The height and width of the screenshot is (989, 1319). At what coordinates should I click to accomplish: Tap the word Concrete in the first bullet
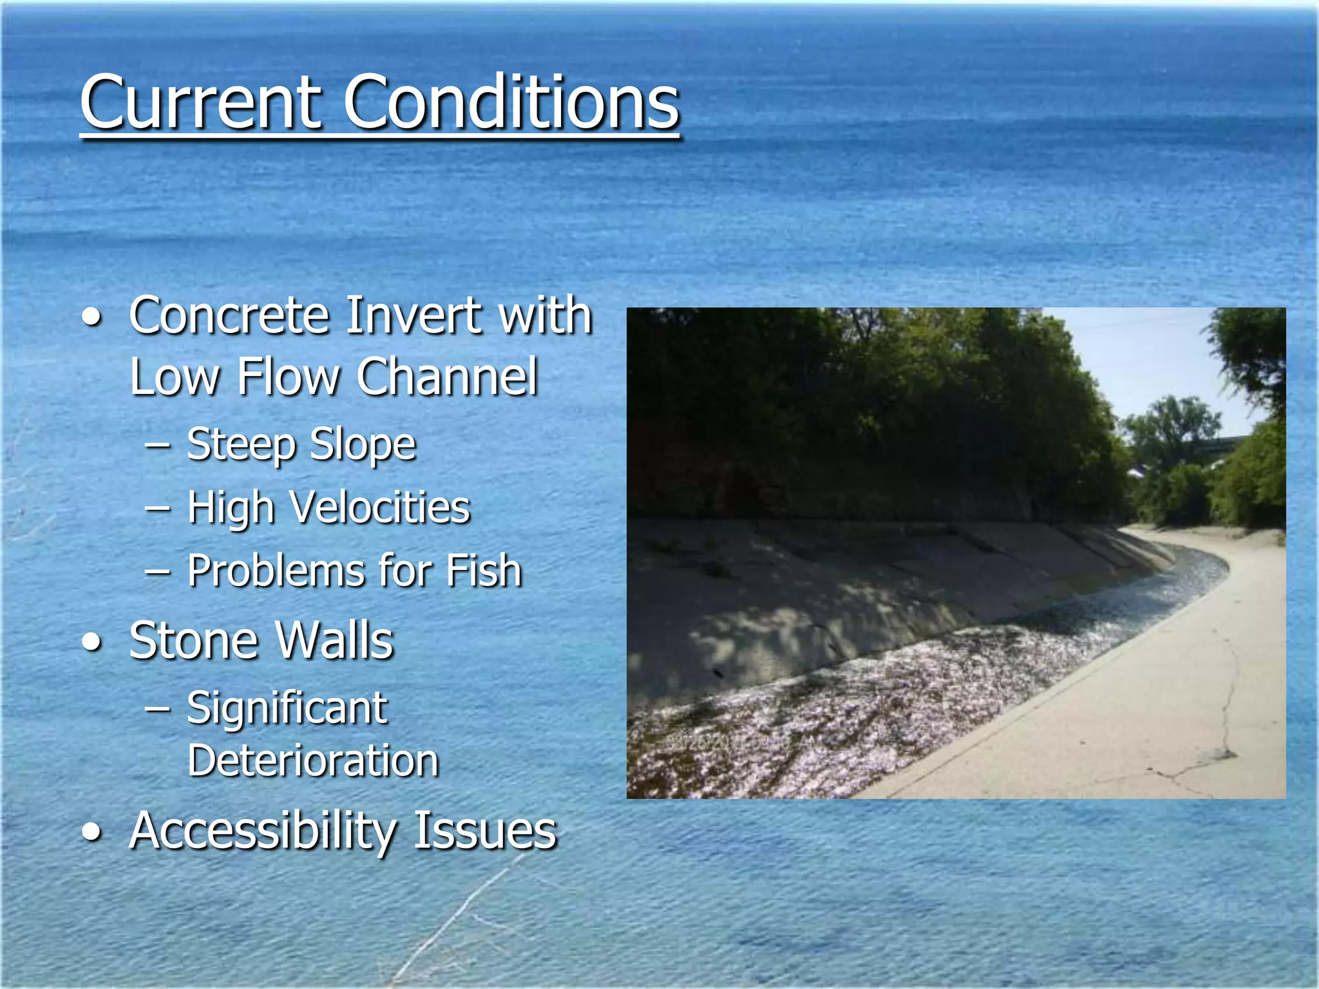[229, 316]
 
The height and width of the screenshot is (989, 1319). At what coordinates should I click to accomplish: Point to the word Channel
[447, 377]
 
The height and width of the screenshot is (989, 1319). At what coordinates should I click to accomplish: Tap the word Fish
[483, 571]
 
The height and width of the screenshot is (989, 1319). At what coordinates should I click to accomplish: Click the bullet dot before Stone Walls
[93, 643]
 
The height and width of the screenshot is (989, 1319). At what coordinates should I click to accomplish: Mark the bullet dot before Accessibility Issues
[93, 833]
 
